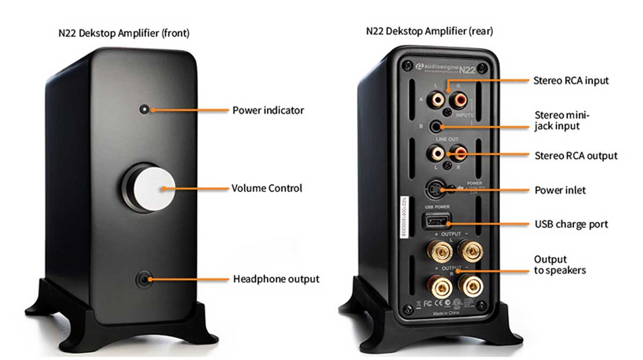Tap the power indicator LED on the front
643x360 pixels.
pyautogui.click(x=144, y=109)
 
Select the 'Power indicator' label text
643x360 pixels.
pyautogui.click(x=268, y=110)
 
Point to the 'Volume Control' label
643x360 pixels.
pyautogui.click(x=267, y=188)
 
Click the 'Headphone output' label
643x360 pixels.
pyautogui.click(x=276, y=279)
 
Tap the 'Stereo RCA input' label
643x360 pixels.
pyautogui.click(x=571, y=81)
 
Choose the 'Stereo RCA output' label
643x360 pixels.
pyautogui.click(x=576, y=156)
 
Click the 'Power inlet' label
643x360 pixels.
pyautogui.click(x=560, y=190)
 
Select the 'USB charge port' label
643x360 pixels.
pyautogui.click(x=572, y=224)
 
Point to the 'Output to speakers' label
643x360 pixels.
pyautogui.click(x=559, y=265)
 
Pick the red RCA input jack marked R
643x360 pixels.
pyautogui.click(x=458, y=100)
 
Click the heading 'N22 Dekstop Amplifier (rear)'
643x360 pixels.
pyautogui.click(x=430, y=31)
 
